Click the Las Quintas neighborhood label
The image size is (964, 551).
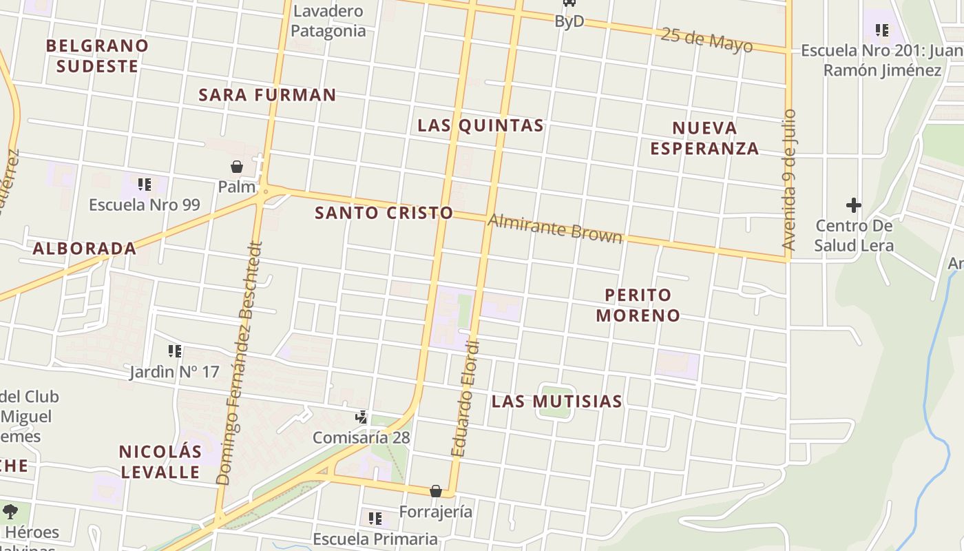tap(481, 125)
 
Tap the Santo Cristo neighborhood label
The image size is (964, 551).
tap(384, 213)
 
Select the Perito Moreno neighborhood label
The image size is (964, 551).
tap(638, 305)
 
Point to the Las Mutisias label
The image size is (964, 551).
tap(557, 401)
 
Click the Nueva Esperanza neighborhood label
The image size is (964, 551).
tap(704, 138)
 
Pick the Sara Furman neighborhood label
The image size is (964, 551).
tap(267, 95)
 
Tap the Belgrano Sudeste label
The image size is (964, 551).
tap(97, 56)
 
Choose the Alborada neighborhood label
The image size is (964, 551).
tap(85, 249)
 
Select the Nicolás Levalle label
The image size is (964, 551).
tap(160, 461)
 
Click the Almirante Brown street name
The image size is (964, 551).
tap(555, 229)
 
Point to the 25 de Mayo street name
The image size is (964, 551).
tap(706, 40)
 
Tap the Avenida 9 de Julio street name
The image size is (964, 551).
tap(789, 180)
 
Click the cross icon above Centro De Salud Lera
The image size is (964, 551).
tap(854, 205)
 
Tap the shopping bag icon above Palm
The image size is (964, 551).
tap(237, 167)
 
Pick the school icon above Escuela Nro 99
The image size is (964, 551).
tap(145, 184)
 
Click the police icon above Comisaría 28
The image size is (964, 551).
tap(361, 417)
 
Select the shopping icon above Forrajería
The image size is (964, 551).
tap(436, 491)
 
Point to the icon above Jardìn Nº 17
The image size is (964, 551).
tap(175, 351)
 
